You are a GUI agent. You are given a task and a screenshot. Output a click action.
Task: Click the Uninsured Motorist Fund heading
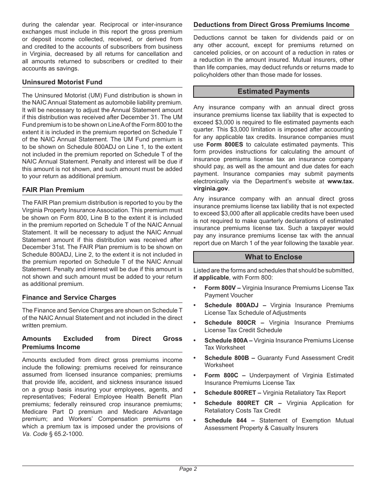[x=62, y=82]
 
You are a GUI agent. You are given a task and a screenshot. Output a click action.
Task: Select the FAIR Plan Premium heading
[x=53, y=190]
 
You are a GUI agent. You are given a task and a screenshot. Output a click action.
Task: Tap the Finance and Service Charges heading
[x=69, y=297]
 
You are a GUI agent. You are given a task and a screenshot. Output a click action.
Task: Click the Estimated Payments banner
[x=273, y=91]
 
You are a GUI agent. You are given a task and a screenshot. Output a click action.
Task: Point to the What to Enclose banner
[x=273, y=257]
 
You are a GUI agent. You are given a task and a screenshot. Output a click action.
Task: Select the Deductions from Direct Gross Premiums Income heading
[x=272, y=25]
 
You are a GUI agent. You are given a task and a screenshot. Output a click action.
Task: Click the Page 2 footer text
[x=188, y=469]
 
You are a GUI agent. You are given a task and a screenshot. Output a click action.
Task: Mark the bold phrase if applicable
[x=211, y=278]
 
